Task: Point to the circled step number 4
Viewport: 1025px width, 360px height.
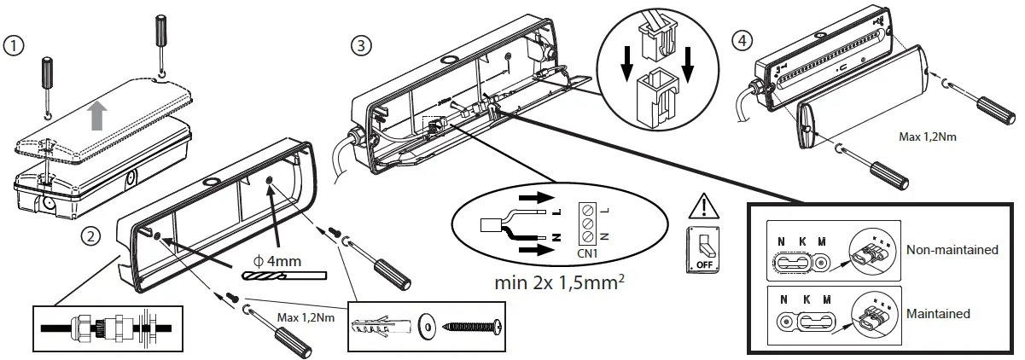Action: point(743,40)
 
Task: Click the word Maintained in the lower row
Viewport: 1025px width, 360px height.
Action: point(939,313)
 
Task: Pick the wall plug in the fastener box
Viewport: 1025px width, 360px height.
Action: point(382,326)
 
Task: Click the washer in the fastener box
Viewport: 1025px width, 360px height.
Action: point(427,326)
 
